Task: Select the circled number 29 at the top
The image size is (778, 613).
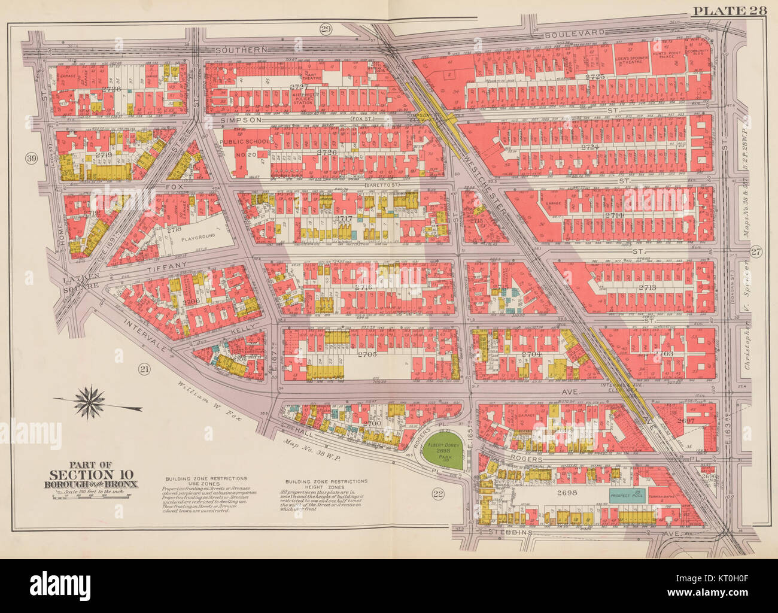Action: point(326,29)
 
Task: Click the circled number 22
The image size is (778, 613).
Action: point(438,493)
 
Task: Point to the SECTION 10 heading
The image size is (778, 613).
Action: point(90,475)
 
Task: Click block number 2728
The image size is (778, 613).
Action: point(111,89)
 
